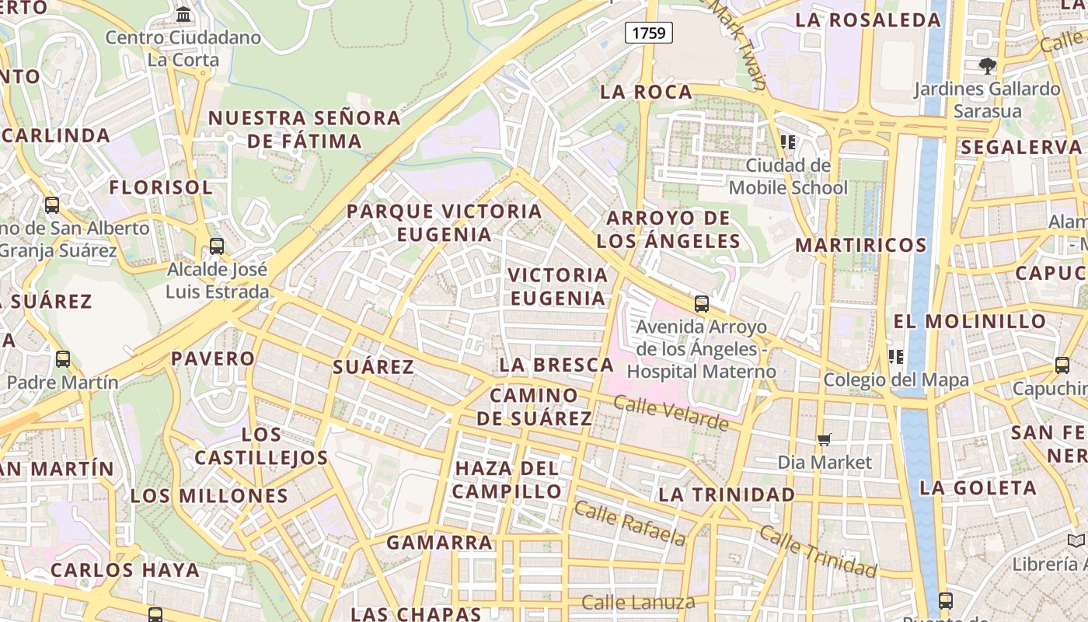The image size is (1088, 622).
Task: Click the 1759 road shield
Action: point(648,33)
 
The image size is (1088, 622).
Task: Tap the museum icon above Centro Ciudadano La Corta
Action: point(183,14)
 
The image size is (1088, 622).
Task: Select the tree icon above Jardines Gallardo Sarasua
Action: point(987,66)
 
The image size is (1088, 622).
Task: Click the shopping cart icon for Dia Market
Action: point(825,440)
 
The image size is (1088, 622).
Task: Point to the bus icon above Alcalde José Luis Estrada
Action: point(217,246)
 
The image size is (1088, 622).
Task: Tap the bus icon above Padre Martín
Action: point(63,359)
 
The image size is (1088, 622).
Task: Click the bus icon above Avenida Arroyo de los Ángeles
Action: point(702,304)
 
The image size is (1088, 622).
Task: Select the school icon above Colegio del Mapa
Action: point(896,357)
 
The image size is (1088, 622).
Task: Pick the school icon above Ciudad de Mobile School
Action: point(788,142)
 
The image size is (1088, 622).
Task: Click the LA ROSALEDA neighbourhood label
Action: point(868,20)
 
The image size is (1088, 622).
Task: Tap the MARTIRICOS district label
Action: point(861,246)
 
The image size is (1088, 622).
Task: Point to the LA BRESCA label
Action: point(556,365)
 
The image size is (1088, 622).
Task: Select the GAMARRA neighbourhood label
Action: point(439,543)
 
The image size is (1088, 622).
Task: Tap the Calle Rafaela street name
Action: point(630,523)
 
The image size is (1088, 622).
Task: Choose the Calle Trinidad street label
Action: point(818,551)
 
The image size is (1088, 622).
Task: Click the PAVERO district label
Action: point(212,358)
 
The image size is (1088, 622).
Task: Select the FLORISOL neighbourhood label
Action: point(161,187)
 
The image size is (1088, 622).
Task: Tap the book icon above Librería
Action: point(1076,540)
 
